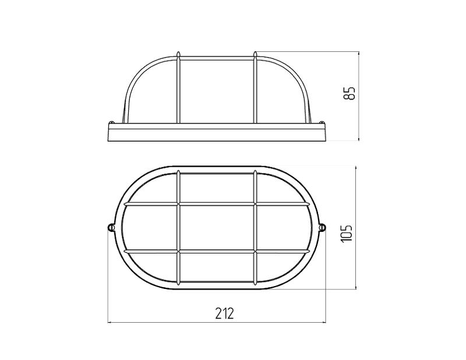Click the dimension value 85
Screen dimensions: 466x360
point(351,93)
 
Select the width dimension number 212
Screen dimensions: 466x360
point(225,313)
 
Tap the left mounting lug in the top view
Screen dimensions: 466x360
point(111,227)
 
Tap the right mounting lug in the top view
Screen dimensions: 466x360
point(323,227)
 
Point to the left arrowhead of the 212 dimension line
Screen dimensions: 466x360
point(110,322)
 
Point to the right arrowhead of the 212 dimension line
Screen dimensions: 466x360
point(324,322)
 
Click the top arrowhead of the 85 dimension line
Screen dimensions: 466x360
point(359,54)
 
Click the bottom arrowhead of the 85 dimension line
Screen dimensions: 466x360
point(359,138)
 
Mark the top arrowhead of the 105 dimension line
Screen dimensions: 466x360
point(356,169)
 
